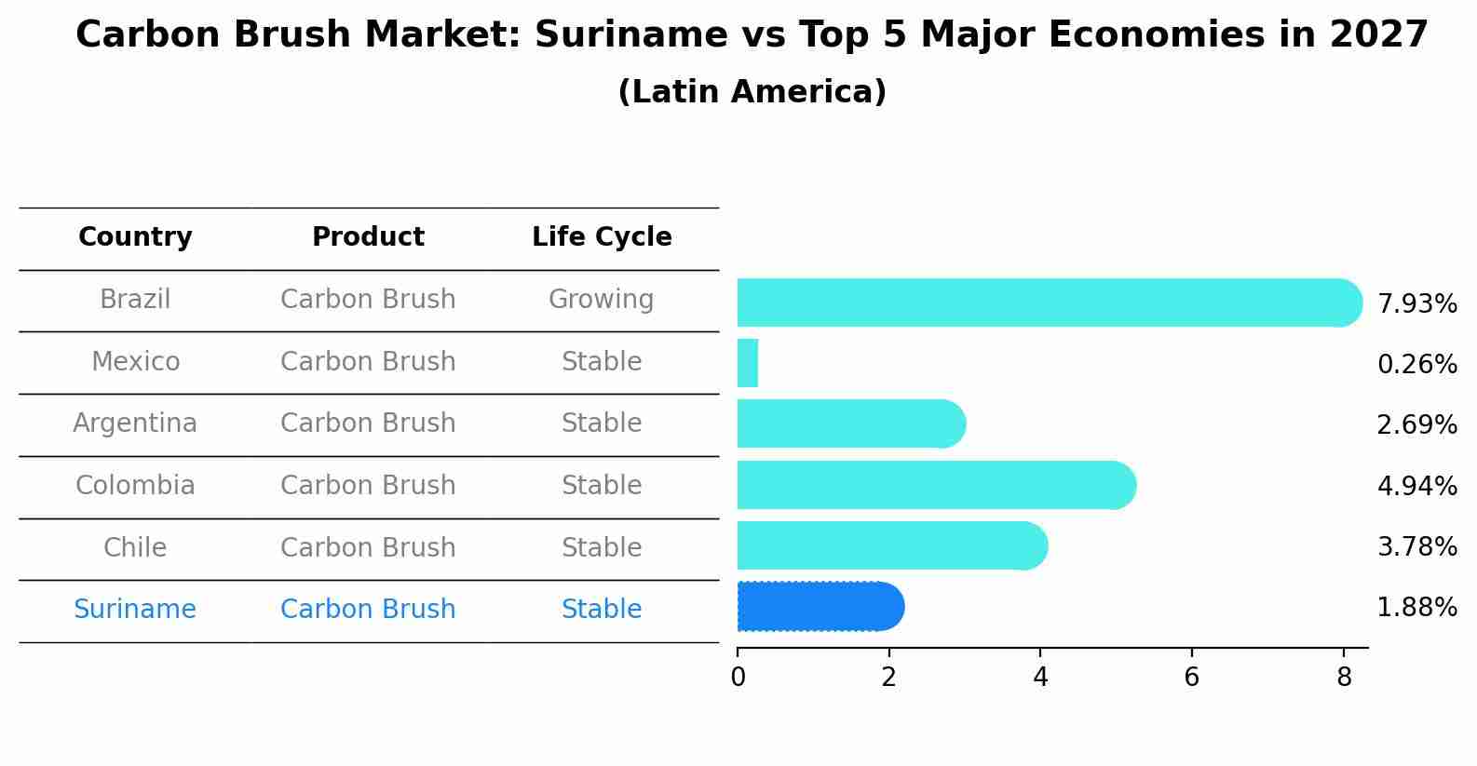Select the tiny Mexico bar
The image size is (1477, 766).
(x=748, y=363)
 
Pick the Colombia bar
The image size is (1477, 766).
(x=931, y=485)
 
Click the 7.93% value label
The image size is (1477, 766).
(x=1416, y=304)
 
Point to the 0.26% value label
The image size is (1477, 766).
(x=1416, y=365)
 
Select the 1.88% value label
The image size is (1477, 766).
(x=1416, y=608)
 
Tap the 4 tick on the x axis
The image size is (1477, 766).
(x=1040, y=678)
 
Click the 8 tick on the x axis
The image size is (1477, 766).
(x=1343, y=678)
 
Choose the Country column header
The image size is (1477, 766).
(x=135, y=237)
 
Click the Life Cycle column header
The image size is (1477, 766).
(x=602, y=237)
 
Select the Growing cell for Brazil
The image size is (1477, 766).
(x=601, y=300)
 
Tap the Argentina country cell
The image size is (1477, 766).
(x=135, y=423)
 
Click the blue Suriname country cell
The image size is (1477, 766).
(x=135, y=610)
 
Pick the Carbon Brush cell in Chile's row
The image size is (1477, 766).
(x=368, y=547)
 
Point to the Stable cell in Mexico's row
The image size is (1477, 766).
(x=602, y=362)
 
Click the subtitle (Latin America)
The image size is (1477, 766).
(x=752, y=92)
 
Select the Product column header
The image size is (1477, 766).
(x=368, y=237)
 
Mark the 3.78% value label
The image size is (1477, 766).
(x=1416, y=547)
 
